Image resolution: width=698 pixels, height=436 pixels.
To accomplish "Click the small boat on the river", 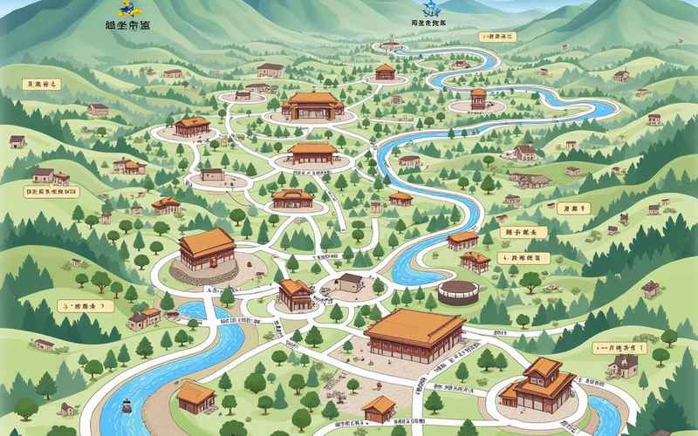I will (127, 406).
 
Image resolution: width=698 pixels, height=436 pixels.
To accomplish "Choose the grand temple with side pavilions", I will (312, 106).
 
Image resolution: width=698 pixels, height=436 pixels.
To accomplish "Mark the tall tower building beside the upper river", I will (478, 99).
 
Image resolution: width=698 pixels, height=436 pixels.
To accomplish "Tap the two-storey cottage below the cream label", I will (623, 366).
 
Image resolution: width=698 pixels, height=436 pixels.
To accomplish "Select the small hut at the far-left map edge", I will (17, 141).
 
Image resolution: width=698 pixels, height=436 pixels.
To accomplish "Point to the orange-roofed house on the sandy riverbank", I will (196, 397).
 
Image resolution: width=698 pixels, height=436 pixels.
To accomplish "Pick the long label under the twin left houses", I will (49, 189).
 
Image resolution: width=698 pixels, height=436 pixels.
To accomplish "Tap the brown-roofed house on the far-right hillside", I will (650, 289).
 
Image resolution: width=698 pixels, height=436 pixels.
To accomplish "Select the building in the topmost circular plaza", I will (385, 71).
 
